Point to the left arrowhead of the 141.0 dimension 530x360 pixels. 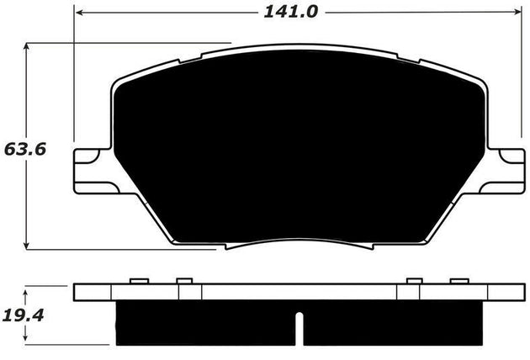pos(77,13)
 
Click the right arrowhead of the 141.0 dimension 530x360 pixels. pos(517,13)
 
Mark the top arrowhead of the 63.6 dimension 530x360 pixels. pos(28,47)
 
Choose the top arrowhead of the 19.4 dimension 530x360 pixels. pos(28,290)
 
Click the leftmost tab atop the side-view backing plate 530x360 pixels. pos(139,281)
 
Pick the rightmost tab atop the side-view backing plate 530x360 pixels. pos(458,281)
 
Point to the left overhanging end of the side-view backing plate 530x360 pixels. pos(93,293)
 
